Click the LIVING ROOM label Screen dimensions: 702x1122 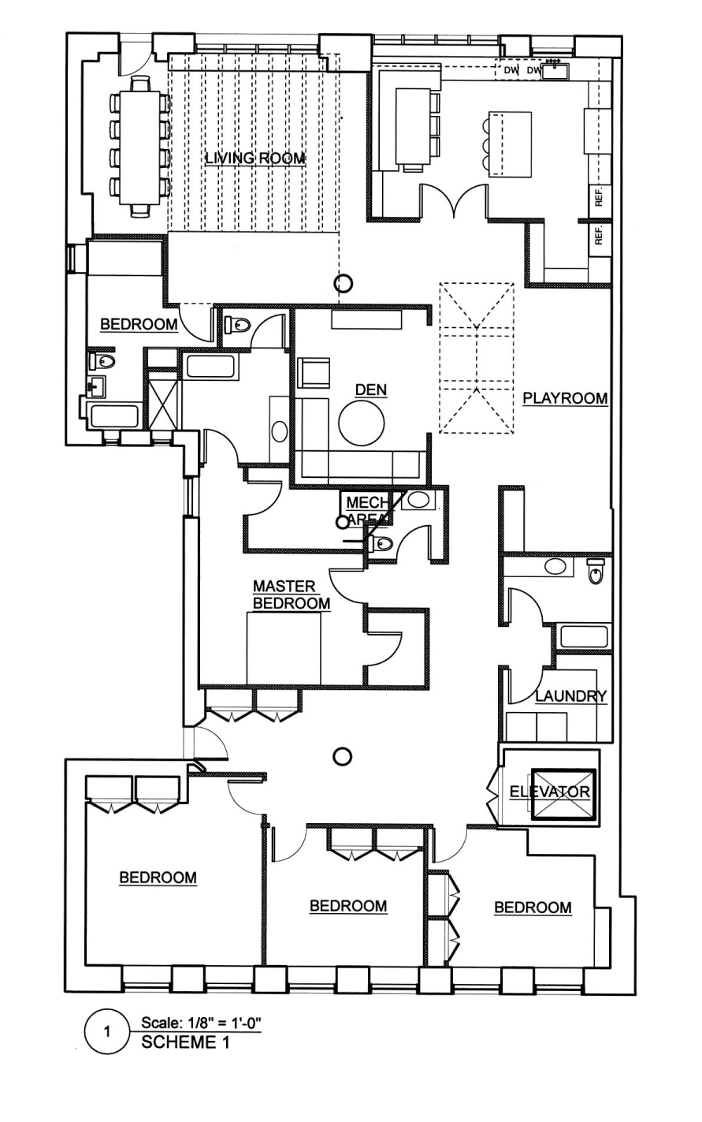tap(254, 158)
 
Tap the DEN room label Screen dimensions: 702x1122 tap(371, 390)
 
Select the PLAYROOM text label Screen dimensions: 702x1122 tap(566, 398)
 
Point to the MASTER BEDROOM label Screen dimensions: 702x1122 tap(291, 595)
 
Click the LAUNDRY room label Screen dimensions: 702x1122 tap(571, 696)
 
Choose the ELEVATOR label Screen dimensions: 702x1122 tap(550, 792)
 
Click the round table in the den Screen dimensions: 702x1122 tap(362, 423)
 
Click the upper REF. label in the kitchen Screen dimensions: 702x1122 tap(599, 198)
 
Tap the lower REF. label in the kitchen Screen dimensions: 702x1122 tap(599, 236)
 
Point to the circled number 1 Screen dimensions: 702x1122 tap(108, 1031)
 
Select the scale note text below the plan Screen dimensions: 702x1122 tap(200, 1023)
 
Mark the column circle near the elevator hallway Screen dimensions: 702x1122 tap(342, 757)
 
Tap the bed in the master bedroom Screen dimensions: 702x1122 tap(284, 649)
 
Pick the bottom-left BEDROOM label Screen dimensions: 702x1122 tap(158, 877)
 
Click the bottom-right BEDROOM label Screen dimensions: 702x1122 tap(533, 908)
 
